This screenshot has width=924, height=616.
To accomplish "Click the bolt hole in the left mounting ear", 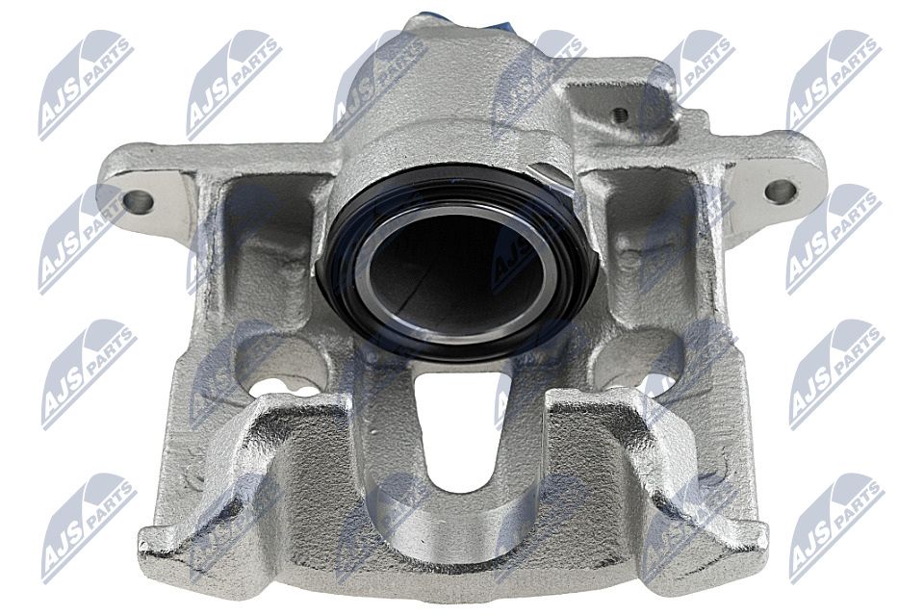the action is tap(139, 201).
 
